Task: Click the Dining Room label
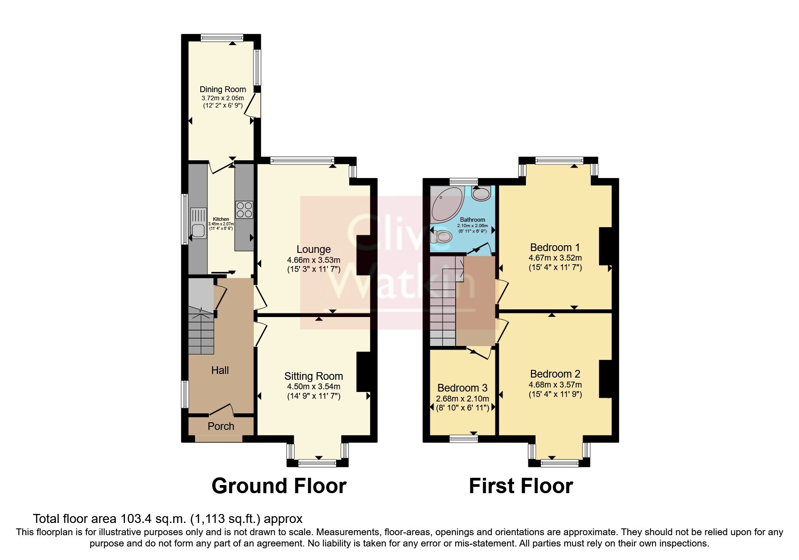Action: [223, 89]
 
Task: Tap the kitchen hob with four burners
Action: [244, 209]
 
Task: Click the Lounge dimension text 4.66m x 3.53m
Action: [313, 260]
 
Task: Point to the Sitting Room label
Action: [314, 376]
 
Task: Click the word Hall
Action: [220, 370]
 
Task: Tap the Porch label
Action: [221, 426]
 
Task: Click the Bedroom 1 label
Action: [554, 247]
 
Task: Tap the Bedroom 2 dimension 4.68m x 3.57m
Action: [555, 385]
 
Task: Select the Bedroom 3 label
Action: [462, 388]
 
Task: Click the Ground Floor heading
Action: [279, 486]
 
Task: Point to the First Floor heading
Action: [521, 486]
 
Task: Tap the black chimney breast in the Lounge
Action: [363, 255]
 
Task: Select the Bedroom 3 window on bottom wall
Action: [464, 438]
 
